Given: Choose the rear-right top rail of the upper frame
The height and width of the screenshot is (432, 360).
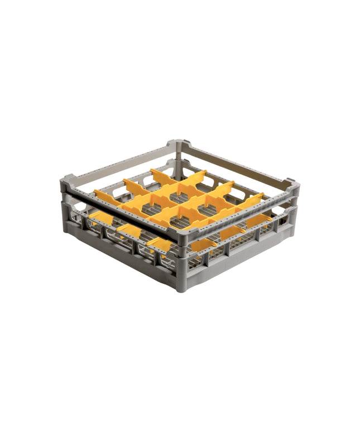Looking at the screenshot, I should [234, 162].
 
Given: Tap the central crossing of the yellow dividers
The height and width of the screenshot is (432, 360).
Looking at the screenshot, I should [180, 203].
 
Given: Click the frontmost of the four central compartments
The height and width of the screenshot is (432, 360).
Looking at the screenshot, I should [180, 219].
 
